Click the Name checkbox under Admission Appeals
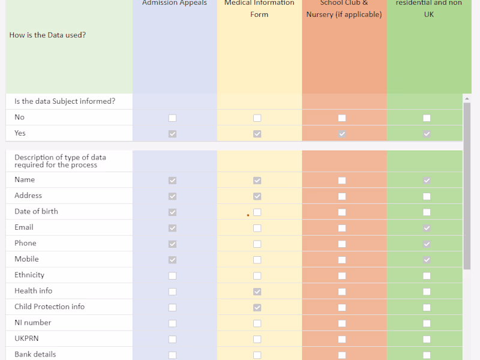(x=173, y=180)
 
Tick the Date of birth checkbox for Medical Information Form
(x=257, y=212)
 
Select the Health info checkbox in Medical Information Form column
(x=257, y=292)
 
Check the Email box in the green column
(x=427, y=228)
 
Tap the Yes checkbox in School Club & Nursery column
(x=342, y=134)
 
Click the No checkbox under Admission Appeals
(x=173, y=118)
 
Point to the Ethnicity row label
(x=29, y=275)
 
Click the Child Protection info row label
(x=49, y=307)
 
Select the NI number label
(x=33, y=322)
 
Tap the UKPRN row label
(x=26, y=338)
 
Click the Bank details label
(x=35, y=354)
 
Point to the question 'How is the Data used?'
(x=47, y=35)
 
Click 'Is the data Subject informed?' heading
(x=65, y=101)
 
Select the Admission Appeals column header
(x=175, y=4)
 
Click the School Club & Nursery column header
(x=344, y=8)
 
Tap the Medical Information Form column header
(x=259, y=8)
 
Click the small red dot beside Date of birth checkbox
(x=248, y=215)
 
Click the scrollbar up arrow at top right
(x=467, y=98)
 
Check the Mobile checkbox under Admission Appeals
(x=173, y=260)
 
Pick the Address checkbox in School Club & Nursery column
(x=342, y=196)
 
